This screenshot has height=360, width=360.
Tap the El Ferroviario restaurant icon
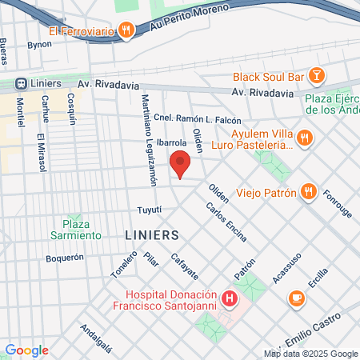pos(126,31)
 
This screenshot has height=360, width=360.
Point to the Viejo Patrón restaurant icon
pos(308,192)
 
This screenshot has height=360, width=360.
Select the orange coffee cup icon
pos(296,298)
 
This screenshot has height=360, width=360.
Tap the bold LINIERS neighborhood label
pos(151,235)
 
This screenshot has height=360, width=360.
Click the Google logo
pos(26,350)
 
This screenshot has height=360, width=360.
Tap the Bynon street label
pos(39,45)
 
